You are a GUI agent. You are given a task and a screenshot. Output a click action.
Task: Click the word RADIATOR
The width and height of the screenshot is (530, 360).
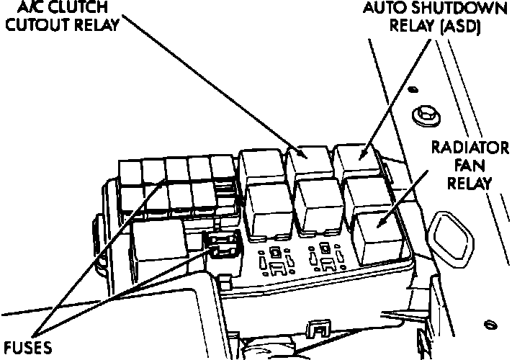470,149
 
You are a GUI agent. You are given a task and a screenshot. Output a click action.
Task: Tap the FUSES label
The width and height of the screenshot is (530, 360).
27,348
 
